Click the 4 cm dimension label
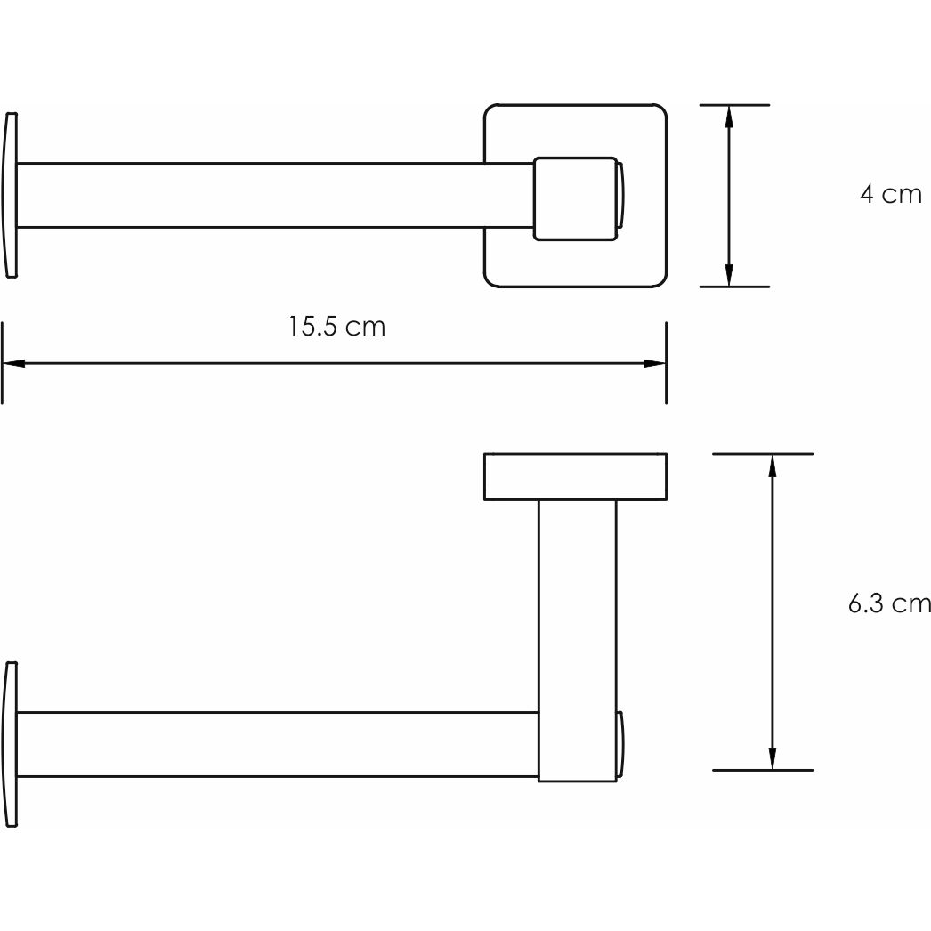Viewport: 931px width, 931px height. click(890, 194)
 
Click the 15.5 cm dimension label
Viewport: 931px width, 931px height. click(336, 328)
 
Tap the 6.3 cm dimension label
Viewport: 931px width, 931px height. click(888, 604)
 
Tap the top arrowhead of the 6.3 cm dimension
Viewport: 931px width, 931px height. click(772, 465)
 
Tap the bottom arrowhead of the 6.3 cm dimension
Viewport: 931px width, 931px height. click(772, 758)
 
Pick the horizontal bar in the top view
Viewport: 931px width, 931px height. click(267, 195)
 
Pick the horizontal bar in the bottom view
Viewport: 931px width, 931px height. click(267, 745)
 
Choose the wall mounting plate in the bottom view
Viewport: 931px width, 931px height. click(575, 476)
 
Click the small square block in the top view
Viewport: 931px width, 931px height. click(574, 198)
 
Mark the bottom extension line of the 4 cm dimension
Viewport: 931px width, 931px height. click(734, 287)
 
